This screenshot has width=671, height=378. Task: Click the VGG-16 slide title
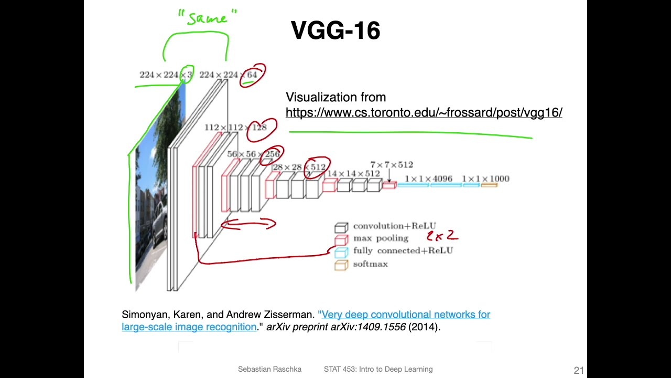pyautogui.click(x=335, y=30)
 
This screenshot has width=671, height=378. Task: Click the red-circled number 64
pyautogui.click(x=252, y=75)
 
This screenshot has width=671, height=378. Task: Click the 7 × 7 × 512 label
pyautogui.click(x=392, y=165)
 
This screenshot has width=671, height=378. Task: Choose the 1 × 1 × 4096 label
pyautogui.click(x=428, y=179)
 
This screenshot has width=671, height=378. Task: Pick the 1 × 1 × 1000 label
pyautogui.click(x=485, y=179)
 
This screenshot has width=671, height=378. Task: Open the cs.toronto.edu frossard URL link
pyautogui.click(x=424, y=112)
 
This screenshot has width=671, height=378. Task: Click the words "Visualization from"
pyautogui.click(x=335, y=97)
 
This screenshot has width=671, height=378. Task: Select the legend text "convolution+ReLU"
pyautogui.click(x=394, y=226)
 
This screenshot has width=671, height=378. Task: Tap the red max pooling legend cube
pyautogui.click(x=341, y=240)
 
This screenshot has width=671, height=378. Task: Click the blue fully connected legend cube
pyautogui.click(x=341, y=253)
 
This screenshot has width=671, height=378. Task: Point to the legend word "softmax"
pyautogui.click(x=370, y=264)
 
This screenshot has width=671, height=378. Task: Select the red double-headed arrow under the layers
pyautogui.click(x=248, y=225)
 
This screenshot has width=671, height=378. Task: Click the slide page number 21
pyautogui.click(x=579, y=370)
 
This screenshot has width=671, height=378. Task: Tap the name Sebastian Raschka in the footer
pyautogui.click(x=269, y=369)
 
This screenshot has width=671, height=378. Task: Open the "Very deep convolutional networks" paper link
pyautogui.click(x=405, y=314)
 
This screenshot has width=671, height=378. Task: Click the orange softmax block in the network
pyautogui.click(x=489, y=185)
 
